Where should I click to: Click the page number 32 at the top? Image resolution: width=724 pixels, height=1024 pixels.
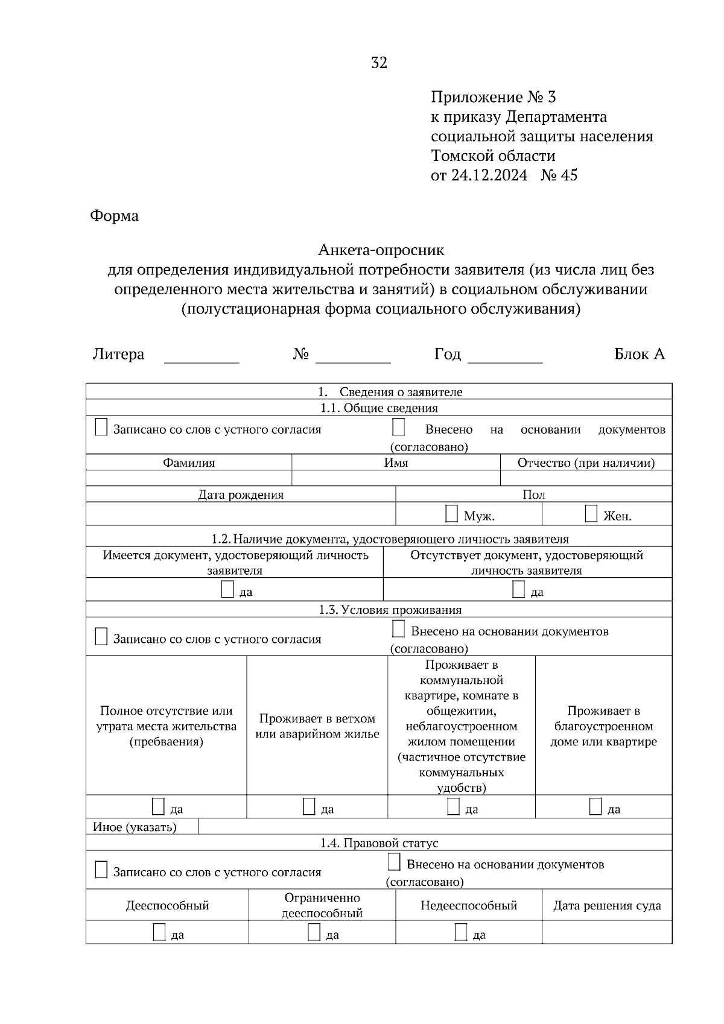[379, 63]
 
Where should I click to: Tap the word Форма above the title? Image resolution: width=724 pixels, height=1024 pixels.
[114, 216]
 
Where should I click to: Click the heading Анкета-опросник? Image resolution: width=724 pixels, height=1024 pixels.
[381, 250]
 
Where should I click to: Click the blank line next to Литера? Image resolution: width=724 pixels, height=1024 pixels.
[202, 356]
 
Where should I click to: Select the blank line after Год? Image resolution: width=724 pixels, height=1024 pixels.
[505, 356]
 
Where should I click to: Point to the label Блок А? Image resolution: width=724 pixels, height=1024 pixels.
[639, 354]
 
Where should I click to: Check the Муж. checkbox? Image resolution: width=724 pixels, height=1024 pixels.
[451, 514]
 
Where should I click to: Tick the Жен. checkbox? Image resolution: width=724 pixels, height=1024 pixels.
[591, 514]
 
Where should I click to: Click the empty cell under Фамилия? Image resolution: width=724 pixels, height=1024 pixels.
[188, 478]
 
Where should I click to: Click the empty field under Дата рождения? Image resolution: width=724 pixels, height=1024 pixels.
[240, 514]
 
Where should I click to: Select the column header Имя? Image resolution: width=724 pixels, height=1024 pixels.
[396, 463]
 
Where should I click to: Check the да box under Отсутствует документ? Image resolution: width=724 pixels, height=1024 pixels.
[518, 589]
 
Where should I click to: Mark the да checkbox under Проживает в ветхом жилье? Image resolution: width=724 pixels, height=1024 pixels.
[309, 806]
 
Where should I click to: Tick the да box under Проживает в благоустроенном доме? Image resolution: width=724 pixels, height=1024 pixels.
[595, 806]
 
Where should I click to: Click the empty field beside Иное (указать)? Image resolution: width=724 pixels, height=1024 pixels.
[434, 826]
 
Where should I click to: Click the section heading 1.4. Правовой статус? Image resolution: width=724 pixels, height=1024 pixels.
[379, 843]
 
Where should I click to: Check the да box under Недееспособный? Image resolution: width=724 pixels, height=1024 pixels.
[461, 932]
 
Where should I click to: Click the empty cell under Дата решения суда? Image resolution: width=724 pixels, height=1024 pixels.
[606, 932]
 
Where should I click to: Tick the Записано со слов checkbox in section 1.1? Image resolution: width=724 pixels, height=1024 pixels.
[101, 428]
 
